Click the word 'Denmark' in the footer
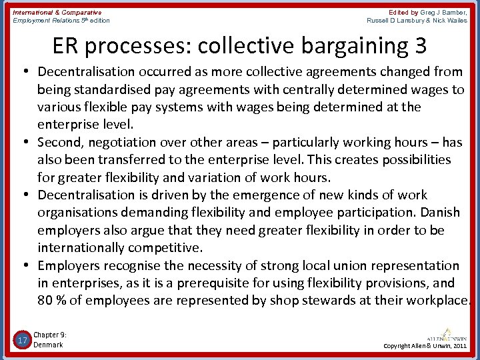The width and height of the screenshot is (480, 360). coord(48,345)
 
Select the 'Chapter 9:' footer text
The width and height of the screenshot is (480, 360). coord(50,335)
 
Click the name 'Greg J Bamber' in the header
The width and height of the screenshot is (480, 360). coord(443,12)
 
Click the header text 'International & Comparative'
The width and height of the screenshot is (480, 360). coord(57,12)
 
